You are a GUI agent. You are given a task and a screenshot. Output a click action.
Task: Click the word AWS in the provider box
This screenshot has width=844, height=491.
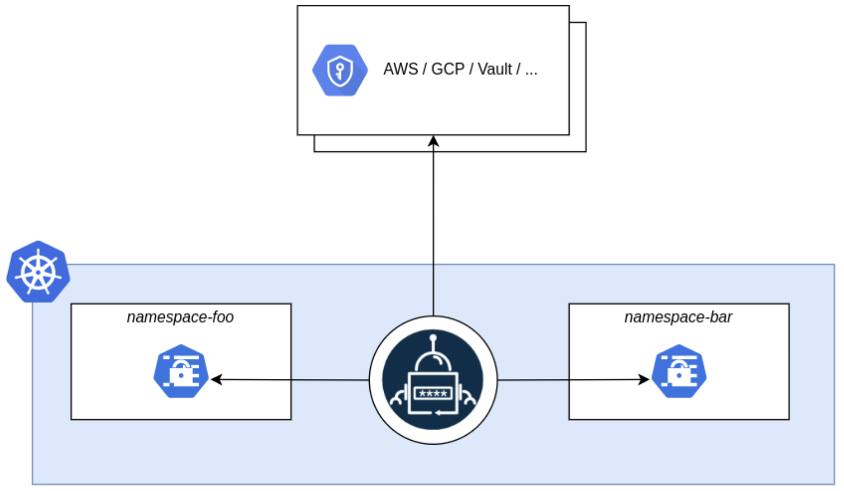[x=400, y=69]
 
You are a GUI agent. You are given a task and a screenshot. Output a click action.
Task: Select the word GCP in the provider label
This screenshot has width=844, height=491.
[x=447, y=69]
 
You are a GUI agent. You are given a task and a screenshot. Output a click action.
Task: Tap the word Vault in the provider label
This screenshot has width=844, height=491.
[x=495, y=69]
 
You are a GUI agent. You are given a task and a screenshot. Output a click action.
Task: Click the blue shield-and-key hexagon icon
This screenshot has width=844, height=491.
[x=340, y=70]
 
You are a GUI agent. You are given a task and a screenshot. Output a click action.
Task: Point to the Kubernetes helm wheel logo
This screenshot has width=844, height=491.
[x=38, y=272]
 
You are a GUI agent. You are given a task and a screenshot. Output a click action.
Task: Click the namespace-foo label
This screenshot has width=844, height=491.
[x=180, y=317]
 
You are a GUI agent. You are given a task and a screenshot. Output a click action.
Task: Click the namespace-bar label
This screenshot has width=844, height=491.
[x=678, y=317]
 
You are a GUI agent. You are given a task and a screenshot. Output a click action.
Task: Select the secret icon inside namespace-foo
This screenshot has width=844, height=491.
[x=181, y=371]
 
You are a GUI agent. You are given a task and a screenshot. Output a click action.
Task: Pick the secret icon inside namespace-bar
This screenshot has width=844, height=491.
[x=679, y=371]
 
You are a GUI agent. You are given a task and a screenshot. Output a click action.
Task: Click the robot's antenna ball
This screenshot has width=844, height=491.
[x=433, y=337]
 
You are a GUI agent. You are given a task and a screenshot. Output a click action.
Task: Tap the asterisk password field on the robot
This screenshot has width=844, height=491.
[x=433, y=393]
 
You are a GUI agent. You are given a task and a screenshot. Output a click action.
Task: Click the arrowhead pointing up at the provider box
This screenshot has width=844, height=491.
[x=433, y=141]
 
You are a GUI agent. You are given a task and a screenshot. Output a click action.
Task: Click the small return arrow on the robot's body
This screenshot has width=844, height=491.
[x=439, y=412]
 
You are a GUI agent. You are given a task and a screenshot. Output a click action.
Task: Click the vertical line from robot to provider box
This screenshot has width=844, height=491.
[x=433, y=225]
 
